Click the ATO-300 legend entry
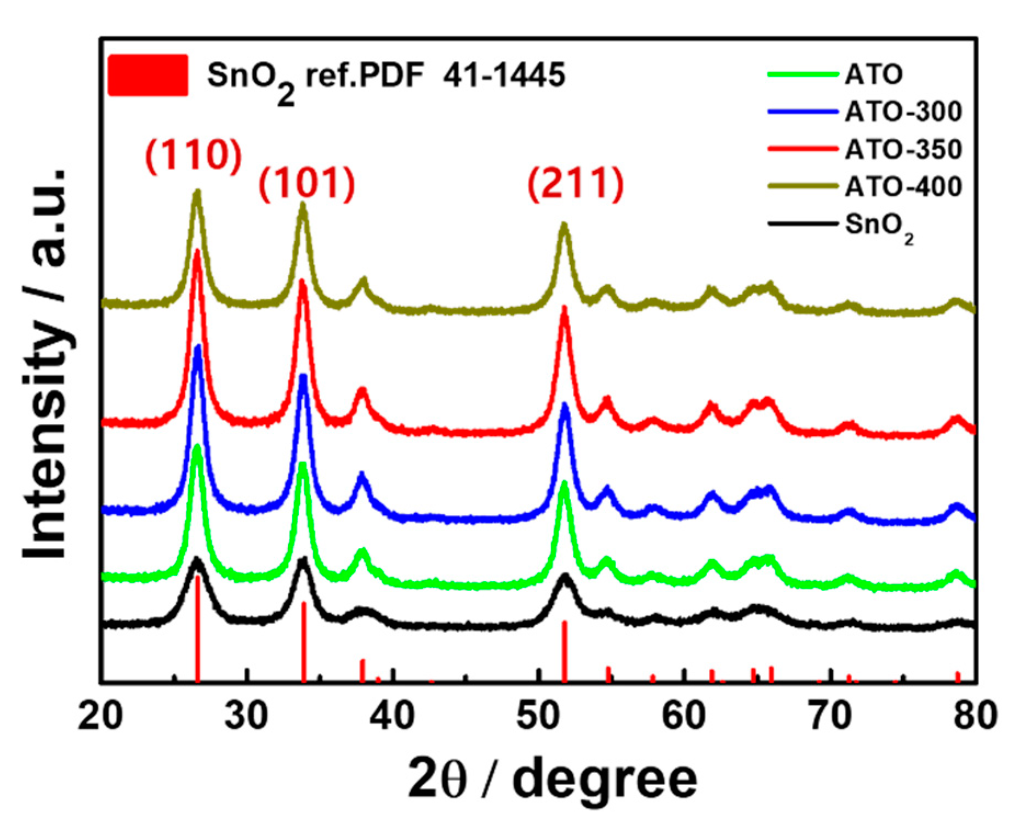(902, 111)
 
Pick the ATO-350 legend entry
(902, 149)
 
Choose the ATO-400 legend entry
(902, 186)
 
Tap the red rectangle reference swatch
(148, 75)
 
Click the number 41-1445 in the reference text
(504, 75)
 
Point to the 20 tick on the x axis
(100, 716)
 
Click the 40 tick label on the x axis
(392, 716)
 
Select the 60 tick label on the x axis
(684, 716)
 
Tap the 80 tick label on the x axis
(975, 716)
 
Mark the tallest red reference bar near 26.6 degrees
(197, 631)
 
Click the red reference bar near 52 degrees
(564, 653)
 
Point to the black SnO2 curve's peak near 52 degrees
(565, 576)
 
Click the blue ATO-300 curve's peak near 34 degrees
(303, 377)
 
